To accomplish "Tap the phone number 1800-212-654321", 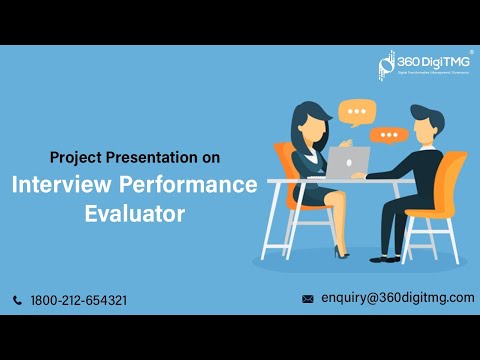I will click(79, 300).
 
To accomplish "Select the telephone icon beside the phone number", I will click(18, 300).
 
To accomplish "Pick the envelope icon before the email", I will click(308, 299).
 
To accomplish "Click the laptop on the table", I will click(351, 162).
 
